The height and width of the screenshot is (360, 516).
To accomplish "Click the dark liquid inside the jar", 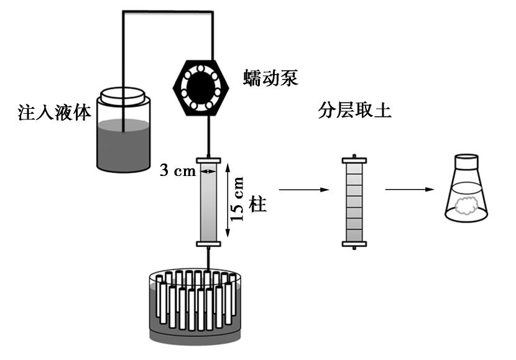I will (x=124, y=146).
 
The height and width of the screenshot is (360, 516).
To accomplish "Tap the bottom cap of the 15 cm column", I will (x=208, y=244).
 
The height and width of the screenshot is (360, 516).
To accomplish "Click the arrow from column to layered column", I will (x=303, y=189).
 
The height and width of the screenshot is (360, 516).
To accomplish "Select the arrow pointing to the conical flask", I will (x=408, y=189).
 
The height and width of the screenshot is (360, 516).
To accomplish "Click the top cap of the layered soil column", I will (x=354, y=160).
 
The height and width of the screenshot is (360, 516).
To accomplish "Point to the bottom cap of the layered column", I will (x=354, y=244).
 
